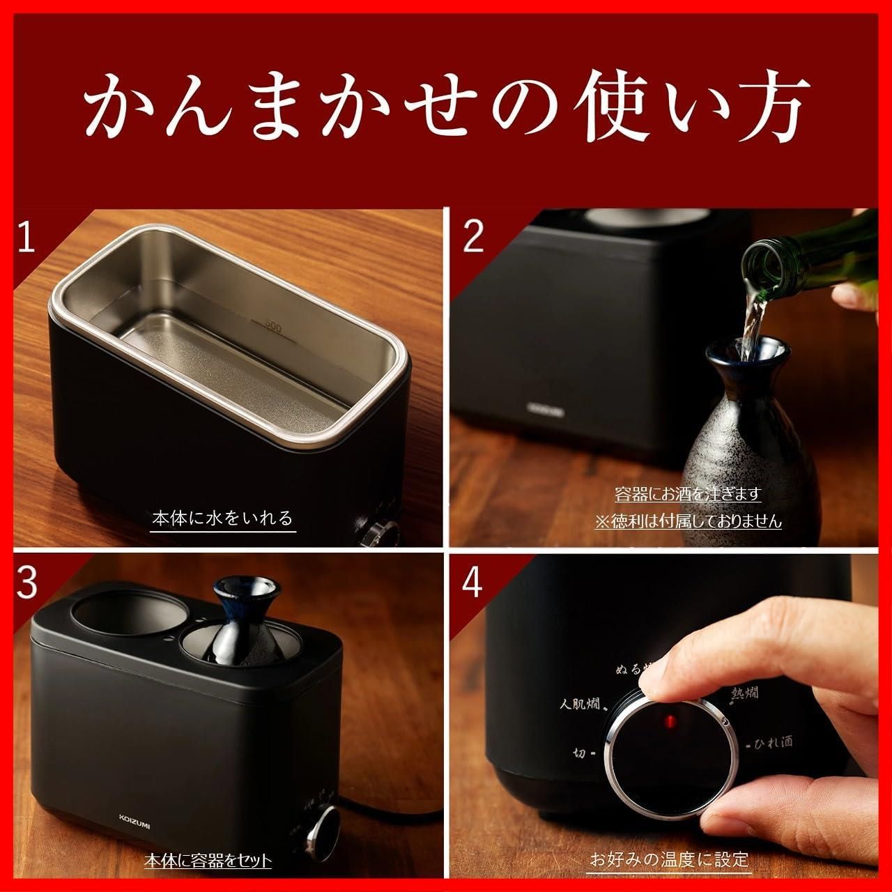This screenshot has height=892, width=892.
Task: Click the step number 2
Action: pyautogui.click(x=472, y=238)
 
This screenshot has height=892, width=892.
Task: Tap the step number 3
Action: pyautogui.click(x=26, y=583)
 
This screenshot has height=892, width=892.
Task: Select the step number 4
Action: pyautogui.click(x=472, y=583)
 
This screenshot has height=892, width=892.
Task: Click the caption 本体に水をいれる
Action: pyautogui.click(x=222, y=519)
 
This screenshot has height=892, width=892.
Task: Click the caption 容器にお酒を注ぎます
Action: pyautogui.click(x=688, y=494)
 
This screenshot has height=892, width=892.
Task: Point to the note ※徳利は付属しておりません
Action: pyautogui.click(x=688, y=521)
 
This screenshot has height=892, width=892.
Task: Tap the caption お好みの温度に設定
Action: pyautogui.click(x=669, y=858)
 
